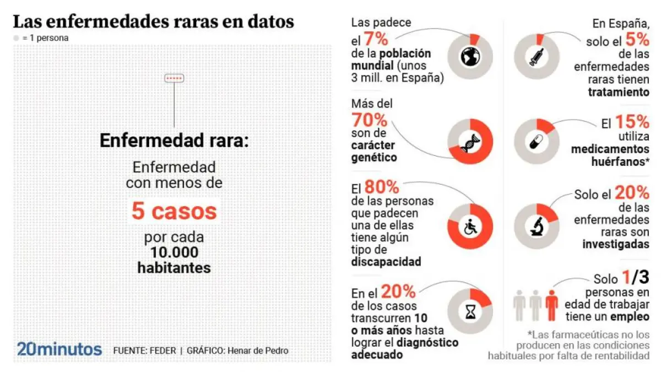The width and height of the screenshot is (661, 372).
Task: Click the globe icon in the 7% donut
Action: tap(469, 57)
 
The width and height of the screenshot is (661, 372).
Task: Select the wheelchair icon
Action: tap(470, 227)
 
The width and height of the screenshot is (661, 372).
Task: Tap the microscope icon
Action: tap(537, 227)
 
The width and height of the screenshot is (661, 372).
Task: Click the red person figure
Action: tap(551, 306)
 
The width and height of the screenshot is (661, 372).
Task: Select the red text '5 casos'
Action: tap(174, 211)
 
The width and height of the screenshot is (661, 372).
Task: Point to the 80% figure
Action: tap(382, 187)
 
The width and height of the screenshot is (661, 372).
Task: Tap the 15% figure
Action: tap(632, 122)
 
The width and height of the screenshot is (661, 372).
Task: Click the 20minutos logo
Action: tap(59, 349)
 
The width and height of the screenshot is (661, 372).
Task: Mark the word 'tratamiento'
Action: tap(619, 92)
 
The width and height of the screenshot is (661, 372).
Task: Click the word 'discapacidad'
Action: tap(386, 262)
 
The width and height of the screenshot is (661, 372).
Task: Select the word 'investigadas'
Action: tap(616, 244)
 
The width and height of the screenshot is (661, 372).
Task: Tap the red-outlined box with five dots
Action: tap(174, 78)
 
